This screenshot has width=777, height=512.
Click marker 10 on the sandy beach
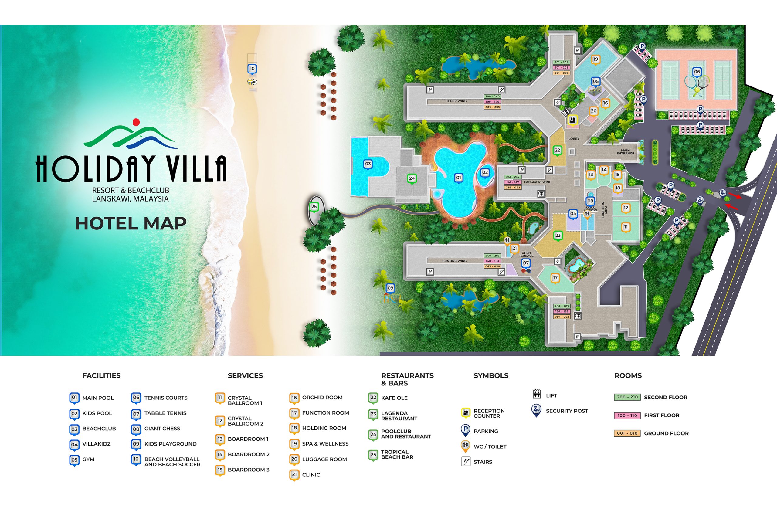tap(252, 69)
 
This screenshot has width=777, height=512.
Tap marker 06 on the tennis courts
tap(697, 72)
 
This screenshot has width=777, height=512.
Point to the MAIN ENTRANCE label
tap(625, 152)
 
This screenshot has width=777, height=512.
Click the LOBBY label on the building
tap(574, 139)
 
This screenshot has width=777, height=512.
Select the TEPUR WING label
tap(456, 101)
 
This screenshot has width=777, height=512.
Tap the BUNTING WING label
tap(454, 261)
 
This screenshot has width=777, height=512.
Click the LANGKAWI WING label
tap(537, 182)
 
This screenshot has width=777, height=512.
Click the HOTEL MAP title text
tap(131, 224)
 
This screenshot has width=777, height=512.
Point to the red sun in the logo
tap(136, 122)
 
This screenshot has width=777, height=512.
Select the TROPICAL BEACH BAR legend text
tap(397, 455)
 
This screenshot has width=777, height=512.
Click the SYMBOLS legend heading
tap(491, 375)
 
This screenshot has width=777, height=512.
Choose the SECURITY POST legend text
tap(567, 411)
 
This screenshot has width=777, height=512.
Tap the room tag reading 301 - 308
tap(561, 62)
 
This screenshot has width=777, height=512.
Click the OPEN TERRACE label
tap(526, 254)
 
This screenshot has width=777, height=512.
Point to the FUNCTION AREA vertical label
tap(604, 210)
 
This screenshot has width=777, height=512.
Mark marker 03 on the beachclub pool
tap(368, 164)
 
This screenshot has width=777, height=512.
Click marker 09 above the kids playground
tap(390, 288)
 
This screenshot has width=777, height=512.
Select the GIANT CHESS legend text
tap(162, 429)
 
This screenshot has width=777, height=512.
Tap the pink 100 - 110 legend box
tap(627, 416)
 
